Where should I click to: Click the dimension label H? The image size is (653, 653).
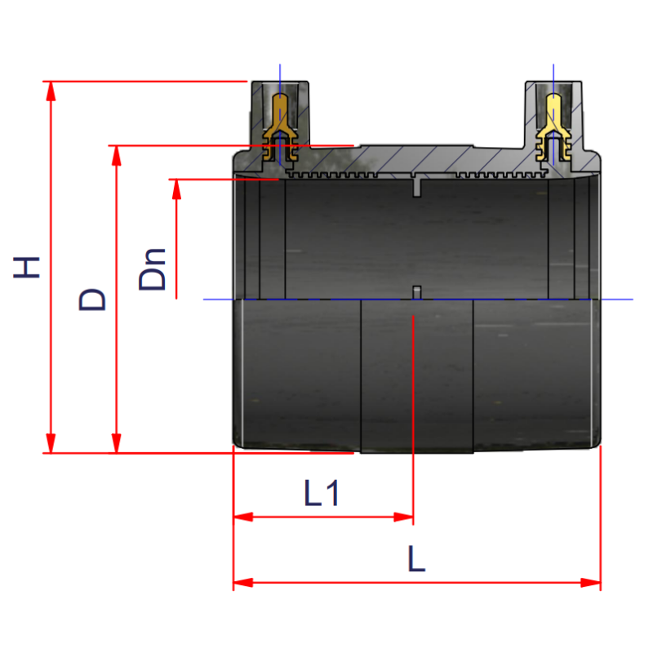[x=27, y=267]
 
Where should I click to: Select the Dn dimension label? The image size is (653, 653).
[x=153, y=269]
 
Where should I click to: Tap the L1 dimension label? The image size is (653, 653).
[x=322, y=494]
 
